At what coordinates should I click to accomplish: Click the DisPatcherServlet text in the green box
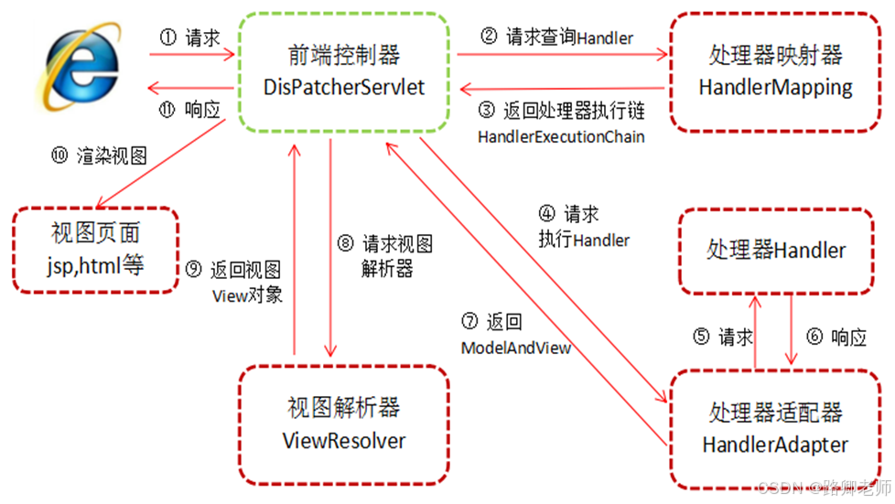point(342,88)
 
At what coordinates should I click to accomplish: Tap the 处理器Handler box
point(776,250)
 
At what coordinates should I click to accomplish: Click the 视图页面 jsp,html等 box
point(96,250)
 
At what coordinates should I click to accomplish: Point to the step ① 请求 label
point(189,38)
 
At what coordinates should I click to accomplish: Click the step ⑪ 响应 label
point(189,110)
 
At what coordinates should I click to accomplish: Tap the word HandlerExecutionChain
point(561,136)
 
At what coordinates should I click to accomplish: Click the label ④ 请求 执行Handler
point(583,228)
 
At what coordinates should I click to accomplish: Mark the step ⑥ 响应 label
point(836,337)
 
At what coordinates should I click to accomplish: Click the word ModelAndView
point(515,349)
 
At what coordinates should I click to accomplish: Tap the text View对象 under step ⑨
point(247,295)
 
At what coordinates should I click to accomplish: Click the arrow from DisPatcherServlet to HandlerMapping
point(563,55)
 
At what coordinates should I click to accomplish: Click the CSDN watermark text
point(820,487)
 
